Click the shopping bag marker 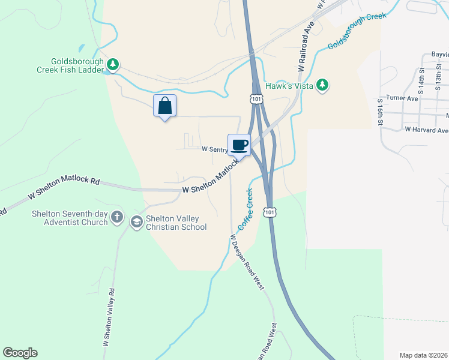tap(165, 106)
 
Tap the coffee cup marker tap(239, 145)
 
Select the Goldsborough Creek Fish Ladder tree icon tap(112, 64)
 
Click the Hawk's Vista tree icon tap(323, 85)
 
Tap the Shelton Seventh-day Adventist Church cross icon tap(117, 216)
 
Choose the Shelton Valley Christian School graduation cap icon tap(136, 223)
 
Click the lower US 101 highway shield tap(271, 212)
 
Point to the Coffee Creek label tap(246, 209)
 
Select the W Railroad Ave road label tap(306, 48)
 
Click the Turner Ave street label tap(402, 98)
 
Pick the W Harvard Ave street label tap(426, 130)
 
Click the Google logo tap(20, 353)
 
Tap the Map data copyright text tap(424, 355)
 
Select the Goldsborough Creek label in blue tap(357, 32)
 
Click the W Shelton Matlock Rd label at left tap(63, 189)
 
